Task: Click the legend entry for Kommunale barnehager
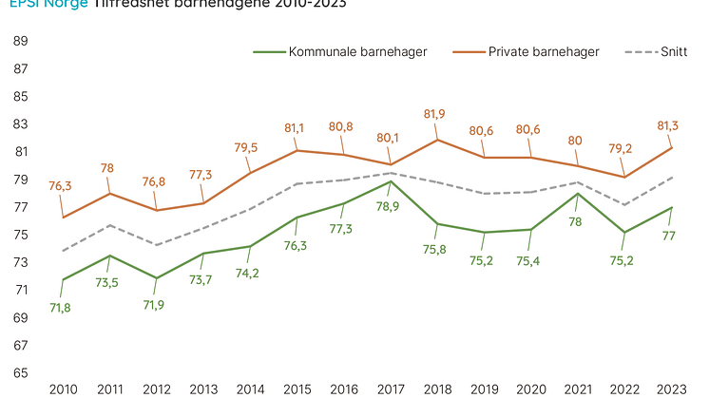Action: click(356, 52)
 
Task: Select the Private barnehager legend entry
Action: click(544, 52)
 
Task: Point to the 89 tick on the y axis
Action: click(20, 42)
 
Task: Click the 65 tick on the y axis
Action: click(20, 373)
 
